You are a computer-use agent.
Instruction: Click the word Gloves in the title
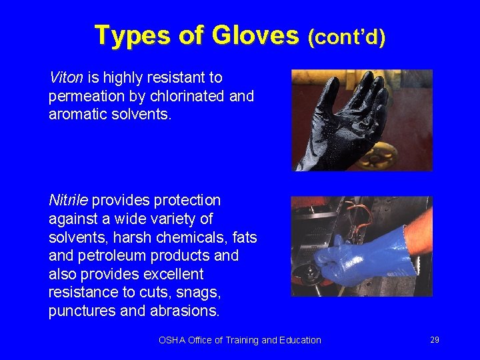255,35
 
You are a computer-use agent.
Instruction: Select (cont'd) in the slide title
346,37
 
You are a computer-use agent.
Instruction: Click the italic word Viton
65,77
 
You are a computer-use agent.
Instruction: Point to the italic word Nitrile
68,200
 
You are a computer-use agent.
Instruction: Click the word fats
243,237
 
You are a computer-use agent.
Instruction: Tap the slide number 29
435,340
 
